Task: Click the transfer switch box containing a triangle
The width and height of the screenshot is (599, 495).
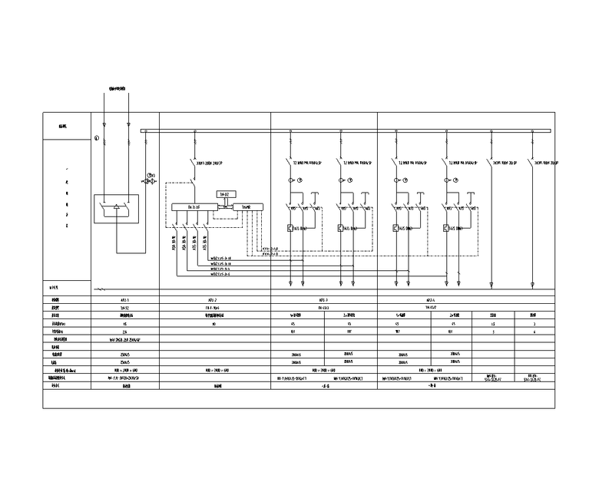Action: click(x=117, y=209)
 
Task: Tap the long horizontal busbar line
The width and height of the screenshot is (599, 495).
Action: click(x=346, y=131)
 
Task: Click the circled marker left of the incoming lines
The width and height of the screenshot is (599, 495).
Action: click(x=97, y=138)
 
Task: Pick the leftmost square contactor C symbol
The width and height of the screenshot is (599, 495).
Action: click(x=290, y=228)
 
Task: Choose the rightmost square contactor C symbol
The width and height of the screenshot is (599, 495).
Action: click(x=447, y=228)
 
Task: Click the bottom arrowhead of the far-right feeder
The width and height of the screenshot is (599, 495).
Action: click(x=531, y=284)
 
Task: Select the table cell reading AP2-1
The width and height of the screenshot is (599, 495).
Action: click(x=125, y=299)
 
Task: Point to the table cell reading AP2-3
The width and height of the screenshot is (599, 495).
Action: click(x=323, y=299)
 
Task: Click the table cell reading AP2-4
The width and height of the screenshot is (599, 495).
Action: click(x=430, y=299)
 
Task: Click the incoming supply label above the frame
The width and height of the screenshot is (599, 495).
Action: click(x=117, y=90)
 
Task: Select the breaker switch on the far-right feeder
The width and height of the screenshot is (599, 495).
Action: click(x=531, y=163)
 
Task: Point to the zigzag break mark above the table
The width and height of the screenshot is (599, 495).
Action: click(x=99, y=289)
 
